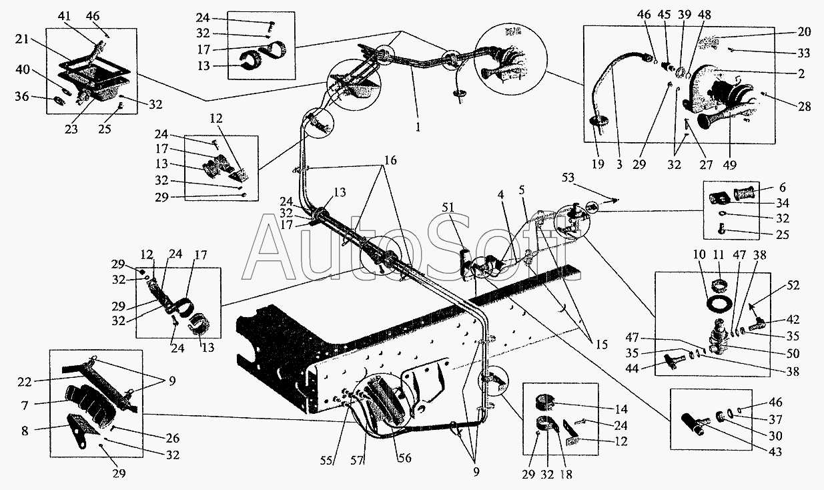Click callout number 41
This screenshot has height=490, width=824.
[x=63, y=15]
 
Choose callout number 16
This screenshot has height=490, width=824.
[x=390, y=160]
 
